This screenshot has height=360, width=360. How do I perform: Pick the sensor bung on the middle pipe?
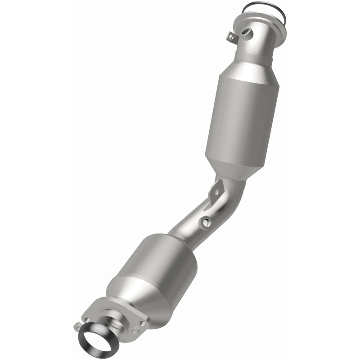[x=206, y=221]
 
